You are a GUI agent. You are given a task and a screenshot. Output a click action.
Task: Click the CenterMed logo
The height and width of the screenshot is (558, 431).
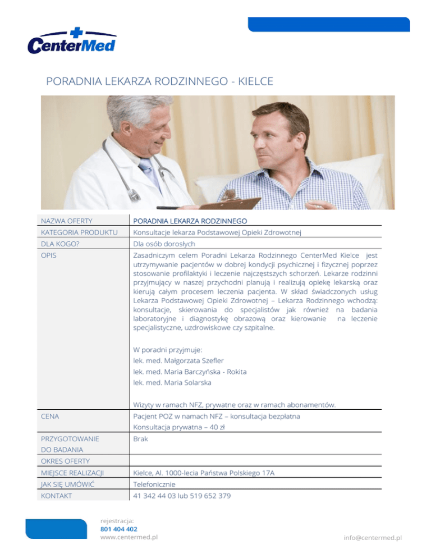pyautogui.click(x=71, y=41)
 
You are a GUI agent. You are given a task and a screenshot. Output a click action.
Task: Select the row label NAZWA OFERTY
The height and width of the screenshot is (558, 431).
pyautogui.click(x=66, y=221)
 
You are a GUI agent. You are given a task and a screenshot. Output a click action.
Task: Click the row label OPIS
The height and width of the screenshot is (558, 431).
pyautogui.click(x=49, y=255)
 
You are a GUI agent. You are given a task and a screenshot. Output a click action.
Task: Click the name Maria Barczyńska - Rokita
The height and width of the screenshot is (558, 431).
pyautogui.click(x=191, y=372)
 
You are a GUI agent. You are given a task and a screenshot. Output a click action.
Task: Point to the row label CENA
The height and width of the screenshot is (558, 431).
pyautogui.click(x=51, y=417)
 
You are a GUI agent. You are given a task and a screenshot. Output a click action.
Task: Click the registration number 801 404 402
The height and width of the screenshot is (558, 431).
pyautogui.click(x=118, y=528)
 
